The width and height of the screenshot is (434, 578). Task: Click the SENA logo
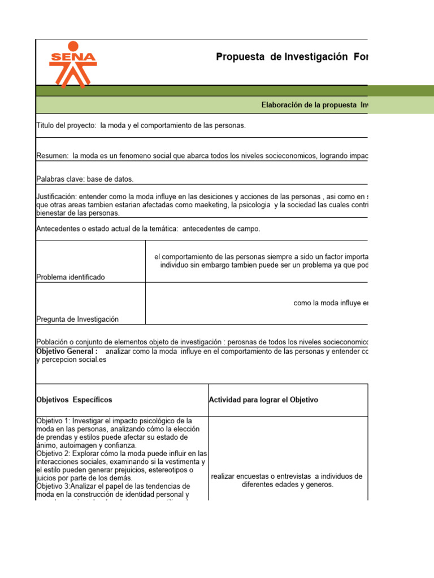pyautogui.click(x=73, y=63)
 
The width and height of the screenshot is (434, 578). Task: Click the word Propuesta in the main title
pyautogui.click(x=241, y=57)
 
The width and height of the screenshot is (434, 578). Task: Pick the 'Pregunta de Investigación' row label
pyautogui.click(x=77, y=319)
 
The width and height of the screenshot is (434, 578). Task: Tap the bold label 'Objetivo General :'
pyautogui.click(x=67, y=351)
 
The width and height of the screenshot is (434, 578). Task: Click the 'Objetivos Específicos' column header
pyautogui.click(x=74, y=400)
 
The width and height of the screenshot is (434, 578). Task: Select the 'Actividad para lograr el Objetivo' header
pyautogui.click(x=263, y=400)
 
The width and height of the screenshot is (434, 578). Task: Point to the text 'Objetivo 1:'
pyautogui.click(x=53, y=421)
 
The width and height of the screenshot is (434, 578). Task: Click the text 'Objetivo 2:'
pyautogui.click(x=53, y=454)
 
